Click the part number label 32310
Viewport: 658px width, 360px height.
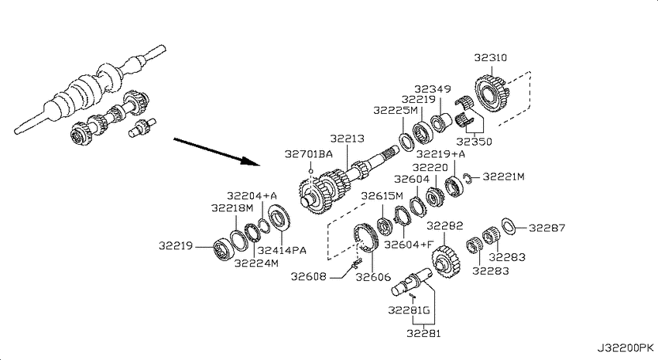click(x=491, y=57)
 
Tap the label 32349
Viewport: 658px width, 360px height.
click(x=433, y=89)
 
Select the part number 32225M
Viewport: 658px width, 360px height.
click(x=396, y=110)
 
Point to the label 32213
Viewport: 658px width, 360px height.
click(x=347, y=139)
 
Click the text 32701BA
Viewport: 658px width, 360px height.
click(x=309, y=154)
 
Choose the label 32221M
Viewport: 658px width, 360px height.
click(x=504, y=177)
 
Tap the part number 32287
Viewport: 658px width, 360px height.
click(x=547, y=228)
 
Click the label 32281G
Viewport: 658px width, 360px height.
click(x=410, y=310)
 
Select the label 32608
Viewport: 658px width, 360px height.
click(x=308, y=276)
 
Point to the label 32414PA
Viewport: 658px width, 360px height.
click(x=282, y=251)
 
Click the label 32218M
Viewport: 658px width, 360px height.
click(x=232, y=207)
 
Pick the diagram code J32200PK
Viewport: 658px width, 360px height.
click(x=625, y=348)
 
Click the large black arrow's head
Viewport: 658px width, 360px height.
click(x=252, y=162)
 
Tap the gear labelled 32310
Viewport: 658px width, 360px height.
click(x=492, y=93)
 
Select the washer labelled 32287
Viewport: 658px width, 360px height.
click(x=509, y=227)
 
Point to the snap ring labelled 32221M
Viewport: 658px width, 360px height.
click(x=468, y=178)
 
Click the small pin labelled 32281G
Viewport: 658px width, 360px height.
click(x=413, y=297)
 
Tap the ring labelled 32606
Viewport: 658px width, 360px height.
click(x=365, y=238)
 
